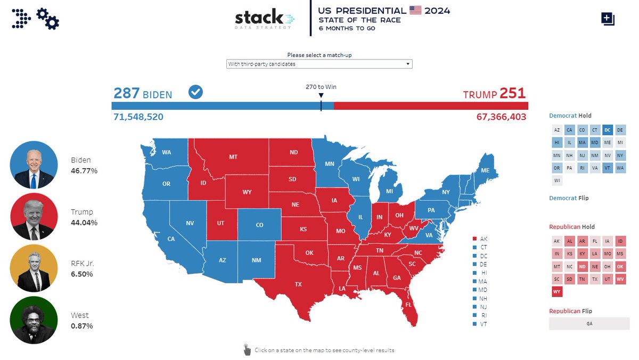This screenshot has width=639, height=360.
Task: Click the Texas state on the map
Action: (298, 284)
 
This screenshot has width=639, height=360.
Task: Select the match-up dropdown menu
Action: (319, 64)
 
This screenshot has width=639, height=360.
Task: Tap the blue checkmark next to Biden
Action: (195, 93)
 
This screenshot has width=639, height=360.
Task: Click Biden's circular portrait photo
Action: (34, 165)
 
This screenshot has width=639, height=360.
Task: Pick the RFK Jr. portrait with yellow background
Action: (34, 268)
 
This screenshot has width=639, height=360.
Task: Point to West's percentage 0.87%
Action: (81, 325)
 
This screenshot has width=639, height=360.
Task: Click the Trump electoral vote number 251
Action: (512, 93)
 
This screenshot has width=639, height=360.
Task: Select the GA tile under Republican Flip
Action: (588, 323)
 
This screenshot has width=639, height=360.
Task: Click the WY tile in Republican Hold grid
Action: (556, 291)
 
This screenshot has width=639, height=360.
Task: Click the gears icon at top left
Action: (48, 19)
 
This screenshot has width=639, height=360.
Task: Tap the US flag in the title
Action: (415, 10)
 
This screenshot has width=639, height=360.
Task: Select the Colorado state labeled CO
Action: (259, 225)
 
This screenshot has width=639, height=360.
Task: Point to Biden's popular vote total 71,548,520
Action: (138, 117)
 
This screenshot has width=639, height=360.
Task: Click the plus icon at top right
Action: (608, 19)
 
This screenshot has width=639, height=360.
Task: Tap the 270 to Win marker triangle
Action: (321, 96)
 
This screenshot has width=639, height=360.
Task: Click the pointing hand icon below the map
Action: (247, 350)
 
